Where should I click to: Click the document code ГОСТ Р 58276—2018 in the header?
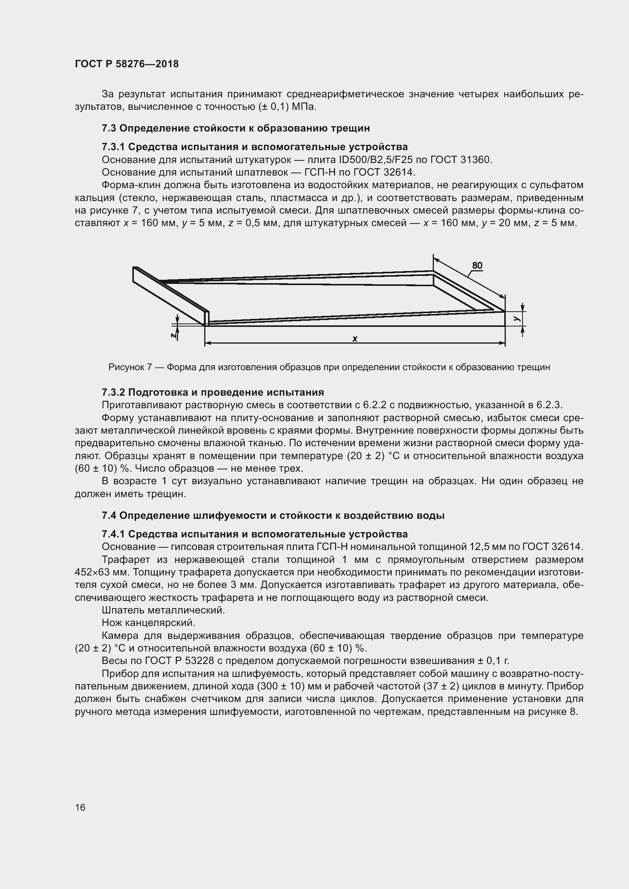127,64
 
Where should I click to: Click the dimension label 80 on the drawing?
477,265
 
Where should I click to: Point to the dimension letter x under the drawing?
355,339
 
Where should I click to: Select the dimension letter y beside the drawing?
516,318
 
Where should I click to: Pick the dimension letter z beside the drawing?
174,335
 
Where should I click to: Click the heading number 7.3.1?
113,147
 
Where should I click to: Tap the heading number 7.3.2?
113,392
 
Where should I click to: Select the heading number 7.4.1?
113,534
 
